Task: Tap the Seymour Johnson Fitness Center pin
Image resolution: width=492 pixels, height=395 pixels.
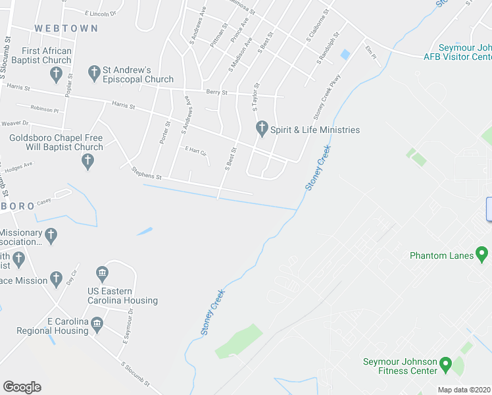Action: tap(445, 363)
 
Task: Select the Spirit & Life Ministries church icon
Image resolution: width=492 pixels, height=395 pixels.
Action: tap(262, 128)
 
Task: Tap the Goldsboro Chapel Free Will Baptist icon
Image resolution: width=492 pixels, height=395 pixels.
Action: tap(87, 161)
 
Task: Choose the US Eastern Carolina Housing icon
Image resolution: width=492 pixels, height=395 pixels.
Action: tap(102, 273)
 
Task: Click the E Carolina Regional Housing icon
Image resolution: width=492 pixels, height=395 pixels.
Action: tap(97, 323)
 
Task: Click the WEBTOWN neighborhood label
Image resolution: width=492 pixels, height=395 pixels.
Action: tap(66, 28)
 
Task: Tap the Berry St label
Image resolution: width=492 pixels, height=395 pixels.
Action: tap(216, 93)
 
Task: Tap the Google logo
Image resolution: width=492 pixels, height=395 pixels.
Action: tap(22, 387)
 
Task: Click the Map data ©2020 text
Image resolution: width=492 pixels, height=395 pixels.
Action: tap(464, 390)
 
